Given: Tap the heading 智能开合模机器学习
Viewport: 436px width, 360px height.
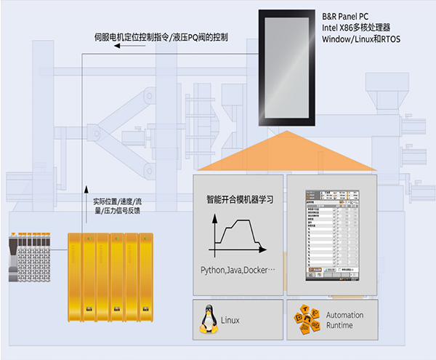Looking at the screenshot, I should point(237,199).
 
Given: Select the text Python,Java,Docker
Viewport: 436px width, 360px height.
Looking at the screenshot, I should point(238,270).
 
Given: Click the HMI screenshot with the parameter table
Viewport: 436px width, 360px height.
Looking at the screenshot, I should point(331,236).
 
